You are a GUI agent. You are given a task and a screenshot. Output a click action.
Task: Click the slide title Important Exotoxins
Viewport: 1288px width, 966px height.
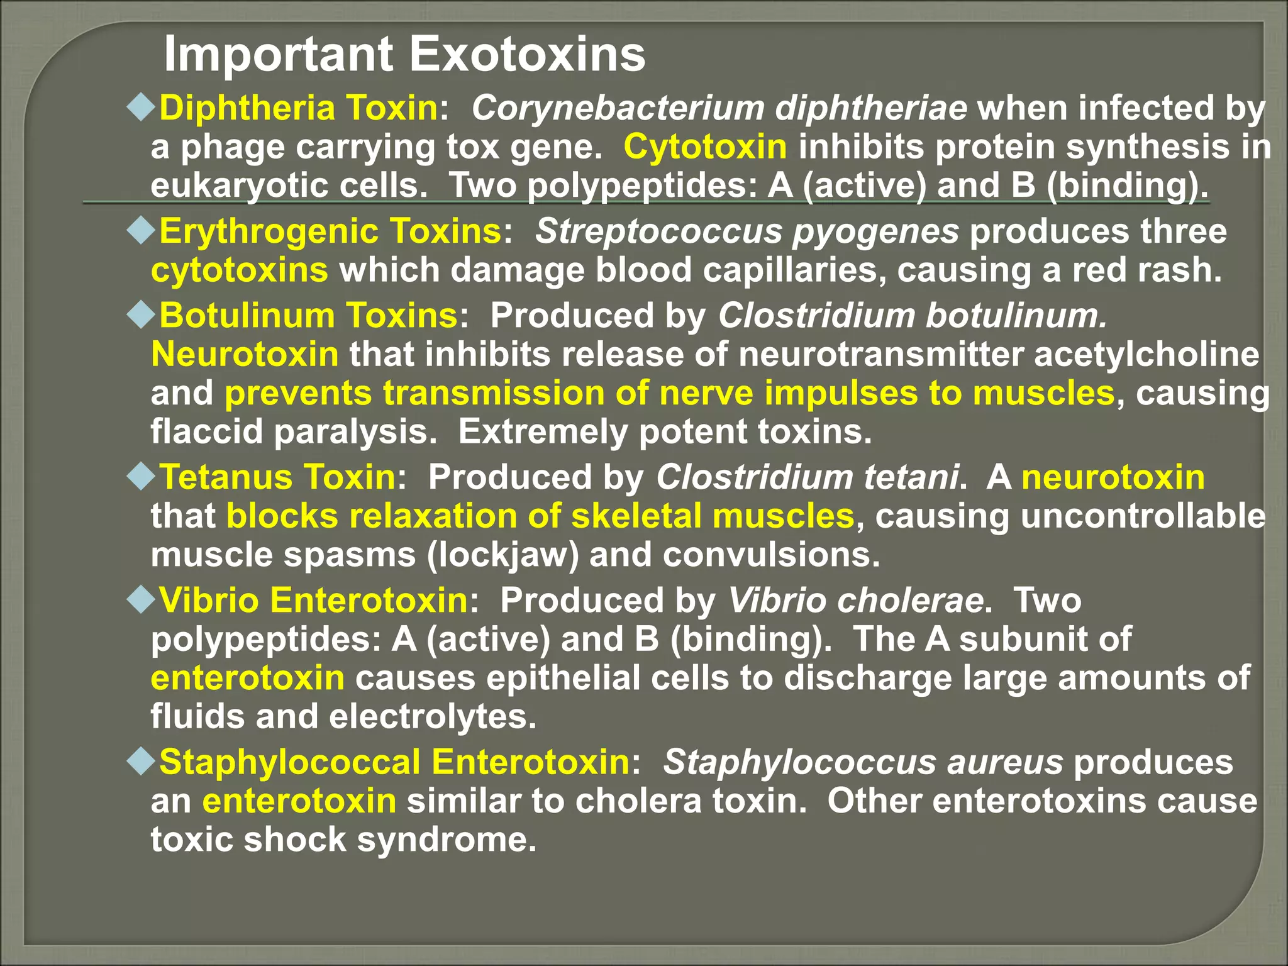click(404, 55)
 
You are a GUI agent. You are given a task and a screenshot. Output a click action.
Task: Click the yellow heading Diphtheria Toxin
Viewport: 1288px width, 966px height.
click(298, 108)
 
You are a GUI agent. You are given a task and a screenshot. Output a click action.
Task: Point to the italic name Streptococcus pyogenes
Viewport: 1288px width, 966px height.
click(747, 231)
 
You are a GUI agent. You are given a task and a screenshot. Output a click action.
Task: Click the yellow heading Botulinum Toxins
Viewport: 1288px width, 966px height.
click(308, 315)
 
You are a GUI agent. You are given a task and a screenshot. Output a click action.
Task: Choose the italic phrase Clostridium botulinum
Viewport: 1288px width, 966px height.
click(912, 315)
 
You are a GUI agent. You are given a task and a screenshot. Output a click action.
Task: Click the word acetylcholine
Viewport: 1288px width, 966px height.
click(1146, 355)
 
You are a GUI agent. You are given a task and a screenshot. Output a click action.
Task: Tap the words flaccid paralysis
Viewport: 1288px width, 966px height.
click(293, 432)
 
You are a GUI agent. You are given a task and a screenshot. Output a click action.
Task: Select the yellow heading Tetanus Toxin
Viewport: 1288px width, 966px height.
click(277, 477)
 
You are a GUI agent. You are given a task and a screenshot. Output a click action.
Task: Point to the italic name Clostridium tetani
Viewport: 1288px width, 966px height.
click(808, 477)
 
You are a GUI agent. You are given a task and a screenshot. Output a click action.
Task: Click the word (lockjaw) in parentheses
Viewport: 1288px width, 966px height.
click(502, 555)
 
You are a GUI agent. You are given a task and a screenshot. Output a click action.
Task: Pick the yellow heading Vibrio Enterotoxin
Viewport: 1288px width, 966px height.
click(313, 600)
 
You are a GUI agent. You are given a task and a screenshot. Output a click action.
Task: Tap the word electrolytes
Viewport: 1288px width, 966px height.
click(433, 717)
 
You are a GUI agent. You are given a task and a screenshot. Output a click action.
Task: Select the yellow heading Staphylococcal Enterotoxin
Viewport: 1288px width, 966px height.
click(394, 762)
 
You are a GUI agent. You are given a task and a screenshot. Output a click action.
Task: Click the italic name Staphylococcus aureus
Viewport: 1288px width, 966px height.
click(863, 762)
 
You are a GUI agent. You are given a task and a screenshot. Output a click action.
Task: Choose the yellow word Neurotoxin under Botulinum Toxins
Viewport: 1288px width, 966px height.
click(245, 355)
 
